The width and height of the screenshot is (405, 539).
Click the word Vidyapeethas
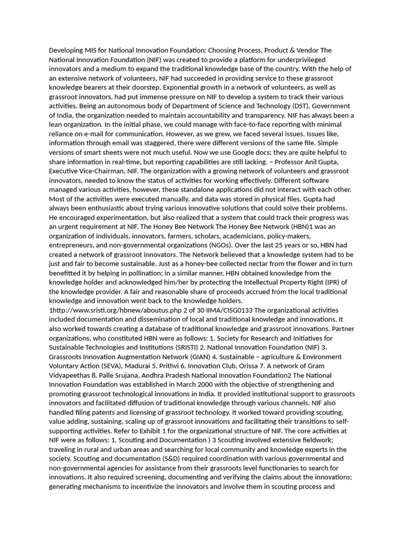tap(72, 375)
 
